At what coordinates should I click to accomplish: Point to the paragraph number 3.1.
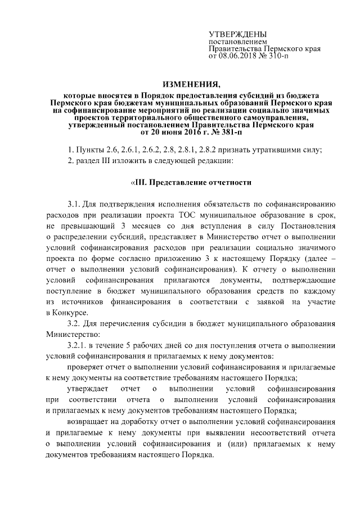tap(74, 204)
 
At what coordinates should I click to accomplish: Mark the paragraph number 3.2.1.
tap(78, 344)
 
